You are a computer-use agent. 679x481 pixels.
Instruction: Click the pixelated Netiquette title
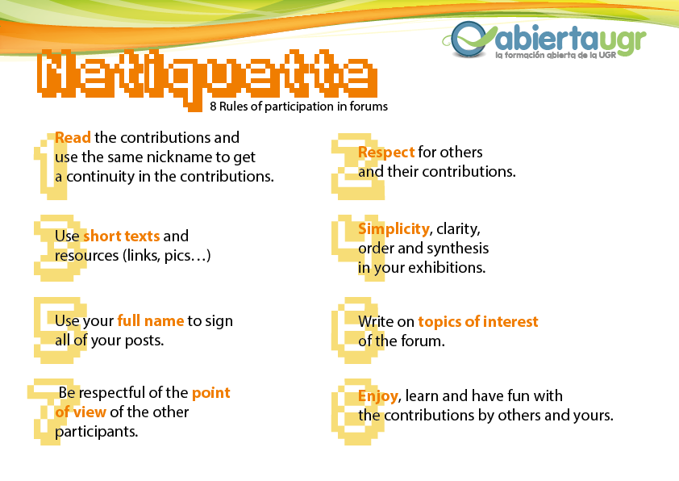point(207,74)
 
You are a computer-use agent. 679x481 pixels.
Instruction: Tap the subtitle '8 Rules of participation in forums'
point(299,107)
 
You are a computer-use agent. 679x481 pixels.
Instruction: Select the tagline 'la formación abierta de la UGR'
point(556,55)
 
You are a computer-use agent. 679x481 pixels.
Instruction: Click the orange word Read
point(73,137)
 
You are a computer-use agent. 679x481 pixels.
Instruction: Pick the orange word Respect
point(386,153)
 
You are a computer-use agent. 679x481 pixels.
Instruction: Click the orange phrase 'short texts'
point(121,236)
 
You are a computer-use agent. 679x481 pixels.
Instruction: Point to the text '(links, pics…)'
point(167,256)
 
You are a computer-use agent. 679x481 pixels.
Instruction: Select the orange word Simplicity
point(394,229)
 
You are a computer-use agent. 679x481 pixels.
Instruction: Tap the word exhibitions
point(447,268)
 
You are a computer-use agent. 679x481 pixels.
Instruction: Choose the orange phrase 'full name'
point(151,320)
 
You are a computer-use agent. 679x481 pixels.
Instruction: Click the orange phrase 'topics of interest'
point(478,321)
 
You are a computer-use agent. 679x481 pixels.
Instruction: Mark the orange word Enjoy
point(378,396)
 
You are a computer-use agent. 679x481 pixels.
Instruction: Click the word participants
point(96,432)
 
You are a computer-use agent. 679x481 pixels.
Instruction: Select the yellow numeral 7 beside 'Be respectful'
point(51,412)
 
